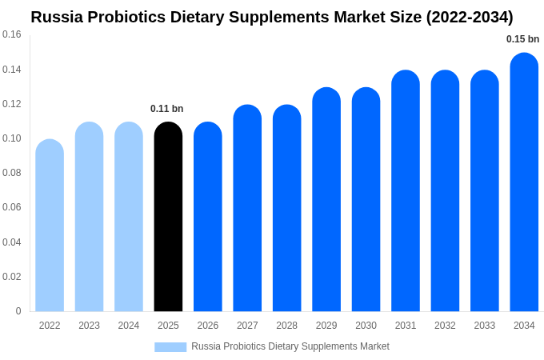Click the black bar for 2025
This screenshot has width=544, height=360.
tap(168, 217)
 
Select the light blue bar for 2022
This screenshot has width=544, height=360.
tap(50, 226)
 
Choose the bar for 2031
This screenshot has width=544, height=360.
tap(406, 191)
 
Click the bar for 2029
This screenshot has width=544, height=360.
tap(326, 200)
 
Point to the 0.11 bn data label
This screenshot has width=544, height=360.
tap(166, 109)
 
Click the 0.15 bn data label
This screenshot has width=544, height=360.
tap(522, 39)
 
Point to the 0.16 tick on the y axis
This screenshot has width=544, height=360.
tap(12, 34)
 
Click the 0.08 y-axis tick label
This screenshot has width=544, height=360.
tap(12, 173)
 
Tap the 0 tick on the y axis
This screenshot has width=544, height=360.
tap(18, 311)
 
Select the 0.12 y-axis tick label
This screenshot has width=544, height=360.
tap(12, 104)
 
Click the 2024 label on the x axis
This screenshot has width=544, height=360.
tap(129, 326)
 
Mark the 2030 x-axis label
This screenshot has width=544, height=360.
tap(366, 326)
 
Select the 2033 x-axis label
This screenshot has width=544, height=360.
tap(484, 326)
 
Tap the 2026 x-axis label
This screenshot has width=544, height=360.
tap(208, 326)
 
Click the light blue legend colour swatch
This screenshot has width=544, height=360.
tap(170, 347)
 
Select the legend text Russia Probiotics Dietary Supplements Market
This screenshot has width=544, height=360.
tap(290, 346)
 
